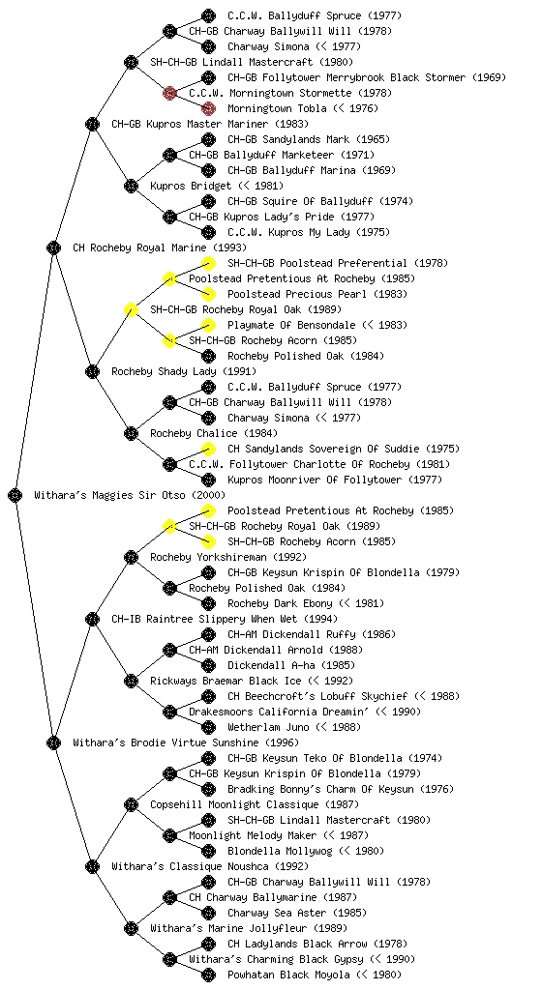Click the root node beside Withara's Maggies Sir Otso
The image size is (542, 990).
tap(15, 495)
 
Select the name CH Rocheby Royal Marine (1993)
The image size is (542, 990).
tap(160, 247)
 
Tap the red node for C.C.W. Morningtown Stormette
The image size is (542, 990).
tap(169, 93)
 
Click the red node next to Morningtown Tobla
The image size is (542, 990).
tap(208, 108)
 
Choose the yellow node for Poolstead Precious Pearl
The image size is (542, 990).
tap(208, 294)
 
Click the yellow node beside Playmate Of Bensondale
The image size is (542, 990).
tap(208, 325)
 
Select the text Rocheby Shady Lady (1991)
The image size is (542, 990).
tap(184, 371)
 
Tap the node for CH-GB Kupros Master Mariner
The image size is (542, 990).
tap(92, 124)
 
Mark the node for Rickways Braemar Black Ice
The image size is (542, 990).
tap(131, 681)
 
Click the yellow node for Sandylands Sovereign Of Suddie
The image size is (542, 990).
tap(208, 449)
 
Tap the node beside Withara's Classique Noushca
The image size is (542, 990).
tap(92, 866)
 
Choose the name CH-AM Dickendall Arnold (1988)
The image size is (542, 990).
tap(276, 650)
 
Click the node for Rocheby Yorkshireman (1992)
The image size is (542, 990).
tap(131, 557)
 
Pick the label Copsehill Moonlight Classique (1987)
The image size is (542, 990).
tap(255, 804)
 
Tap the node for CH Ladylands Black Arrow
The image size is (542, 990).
tap(208, 944)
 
